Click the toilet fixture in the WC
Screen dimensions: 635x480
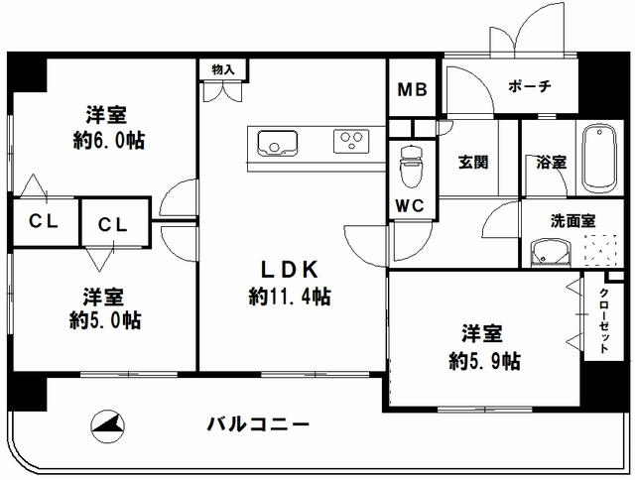tap(411, 167)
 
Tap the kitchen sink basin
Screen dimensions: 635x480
tap(278, 143)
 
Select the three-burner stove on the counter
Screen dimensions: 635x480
tap(351, 141)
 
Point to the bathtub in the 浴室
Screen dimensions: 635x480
tap(599, 160)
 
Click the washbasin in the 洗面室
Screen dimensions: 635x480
tap(551, 253)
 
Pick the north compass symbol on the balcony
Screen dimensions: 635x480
tap(108, 427)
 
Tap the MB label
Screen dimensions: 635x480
tap(413, 89)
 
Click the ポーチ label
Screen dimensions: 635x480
tap(530, 86)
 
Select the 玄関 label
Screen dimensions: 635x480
tap(473, 163)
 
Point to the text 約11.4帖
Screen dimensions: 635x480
tap(290, 297)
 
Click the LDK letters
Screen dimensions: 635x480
tap(290, 270)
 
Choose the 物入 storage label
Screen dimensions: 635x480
tap(223, 69)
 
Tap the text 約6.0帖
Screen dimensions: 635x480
tap(109, 141)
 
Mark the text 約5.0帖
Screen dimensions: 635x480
tap(105, 320)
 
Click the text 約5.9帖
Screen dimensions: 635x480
tap(485, 360)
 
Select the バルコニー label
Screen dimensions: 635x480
tap(258, 424)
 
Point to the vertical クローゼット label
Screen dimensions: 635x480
tap(604, 320)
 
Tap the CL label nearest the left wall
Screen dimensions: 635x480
tap(44, 221)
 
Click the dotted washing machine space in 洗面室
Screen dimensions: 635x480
tap(600, 250)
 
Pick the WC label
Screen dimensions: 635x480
tap(410, 206)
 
